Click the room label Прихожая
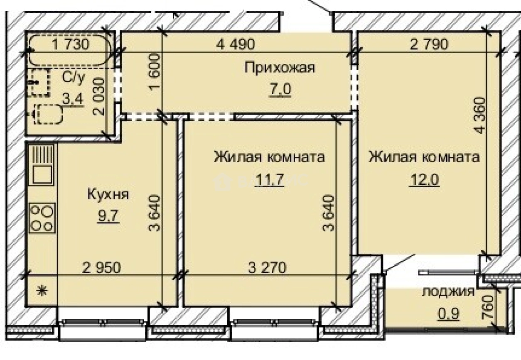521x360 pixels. (x=280, y=67)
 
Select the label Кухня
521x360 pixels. (x=108, y=194)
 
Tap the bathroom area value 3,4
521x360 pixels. (x=71, y=99)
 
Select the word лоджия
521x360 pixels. (x=448, y=291)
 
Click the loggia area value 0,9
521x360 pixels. (x=449, y=313)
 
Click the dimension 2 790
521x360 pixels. (x=429, y=44)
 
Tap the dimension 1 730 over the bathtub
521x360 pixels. (x=71, y=44)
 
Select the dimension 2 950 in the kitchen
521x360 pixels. (x=101, y=267)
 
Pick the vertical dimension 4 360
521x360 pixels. (x=481, y=115)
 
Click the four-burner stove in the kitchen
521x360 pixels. (x=42, y=217)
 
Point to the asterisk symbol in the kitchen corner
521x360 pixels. (x=41, y=291)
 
